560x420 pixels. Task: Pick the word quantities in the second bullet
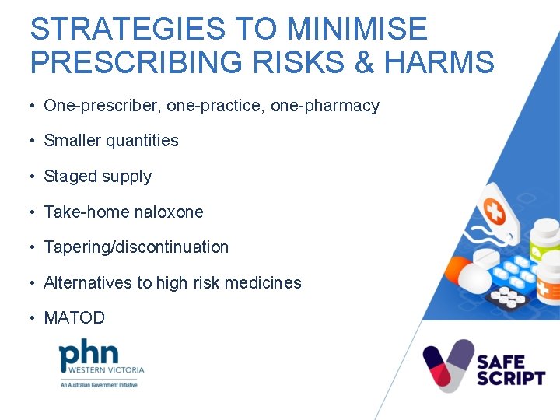tap(142, 141)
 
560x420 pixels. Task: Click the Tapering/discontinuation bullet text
tap(136, 247)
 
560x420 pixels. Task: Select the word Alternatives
tap(88, 283)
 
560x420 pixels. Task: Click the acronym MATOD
tap(74, 318)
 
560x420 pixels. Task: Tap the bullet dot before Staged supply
tap(34, 177)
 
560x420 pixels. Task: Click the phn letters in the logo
tap(89, 354)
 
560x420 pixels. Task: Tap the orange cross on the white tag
tap(495, 210)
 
